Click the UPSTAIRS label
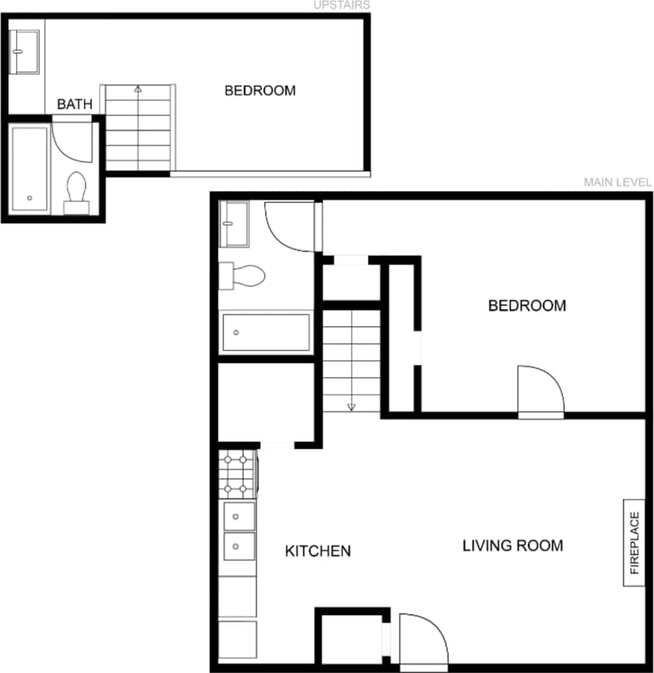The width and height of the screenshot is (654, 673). tap(342, 5)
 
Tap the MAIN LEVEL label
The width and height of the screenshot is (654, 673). tap(617, 182)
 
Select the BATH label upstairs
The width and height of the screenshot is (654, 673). tap(75, 103)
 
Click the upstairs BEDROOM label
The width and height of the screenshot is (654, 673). tap(260, 91)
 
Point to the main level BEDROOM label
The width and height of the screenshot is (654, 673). tap(527, 306)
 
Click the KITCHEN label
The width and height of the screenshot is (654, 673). tap(317, 551)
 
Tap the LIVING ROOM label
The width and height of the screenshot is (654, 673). tap(513, 545)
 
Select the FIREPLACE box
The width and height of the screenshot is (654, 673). tap(634, 542)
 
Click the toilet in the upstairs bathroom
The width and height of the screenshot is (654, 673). tap(76, 192)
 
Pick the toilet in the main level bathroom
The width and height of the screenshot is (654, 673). tap(243, 276)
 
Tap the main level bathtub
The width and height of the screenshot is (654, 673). tap(266, 332)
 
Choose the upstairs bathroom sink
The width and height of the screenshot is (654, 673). tap(25, 52)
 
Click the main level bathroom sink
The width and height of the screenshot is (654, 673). tap(233, 224)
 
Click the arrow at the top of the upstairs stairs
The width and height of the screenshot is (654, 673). tap(137, 89)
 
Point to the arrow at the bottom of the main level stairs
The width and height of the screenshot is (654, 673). tap(351, 407)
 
